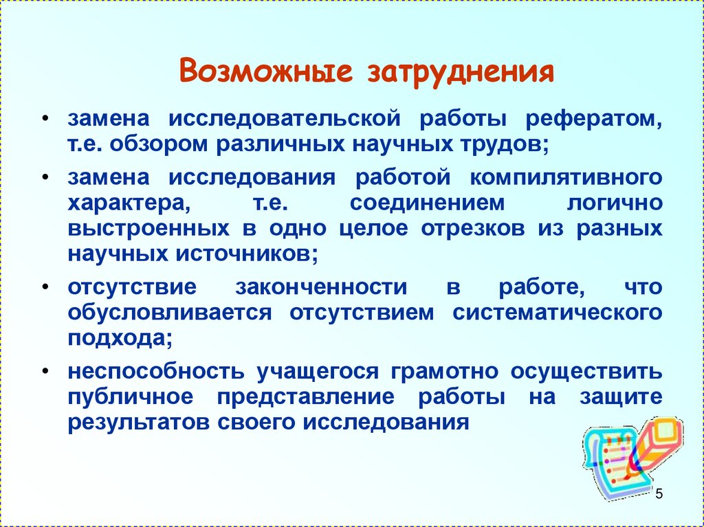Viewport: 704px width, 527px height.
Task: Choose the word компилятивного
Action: click(566, 177)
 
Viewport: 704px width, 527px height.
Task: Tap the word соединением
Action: click(427, 203)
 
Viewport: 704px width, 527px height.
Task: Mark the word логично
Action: click(615, 203)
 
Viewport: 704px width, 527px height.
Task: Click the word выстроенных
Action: click(148, 229)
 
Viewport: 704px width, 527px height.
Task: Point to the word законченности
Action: click(321, 287)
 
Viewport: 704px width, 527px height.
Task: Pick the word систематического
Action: click(557, 313)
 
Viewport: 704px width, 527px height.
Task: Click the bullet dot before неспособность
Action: click(45, 372)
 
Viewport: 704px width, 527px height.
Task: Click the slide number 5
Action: click(659, 494)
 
